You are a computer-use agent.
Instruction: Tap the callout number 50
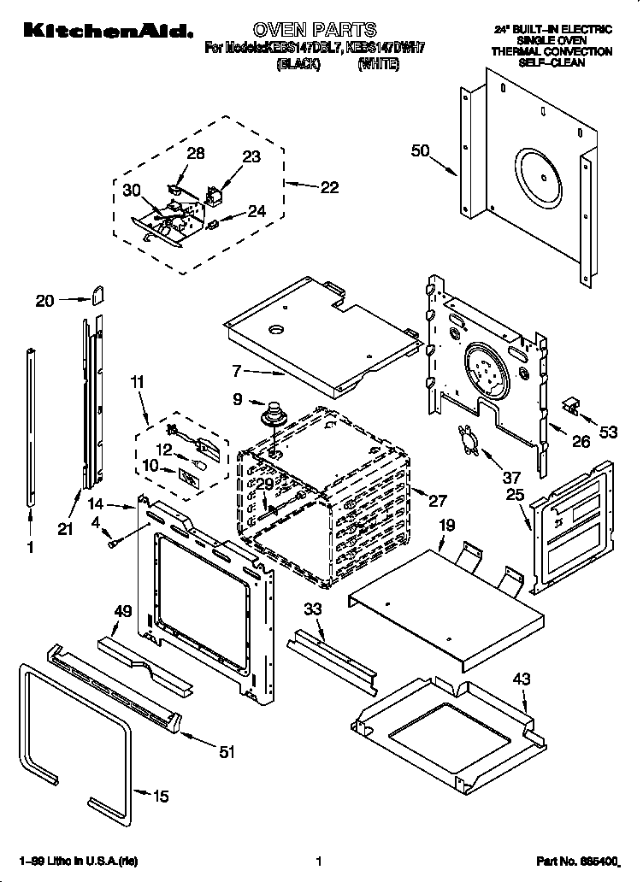point(420,151)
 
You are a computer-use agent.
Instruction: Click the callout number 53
point(608,433)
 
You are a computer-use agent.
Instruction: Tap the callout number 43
point(521,679)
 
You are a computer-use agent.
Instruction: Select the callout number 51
point(227,752)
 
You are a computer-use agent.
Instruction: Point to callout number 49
point(123,610)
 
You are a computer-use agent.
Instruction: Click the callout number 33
point(312,609)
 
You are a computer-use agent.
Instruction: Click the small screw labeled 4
point(114,543)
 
